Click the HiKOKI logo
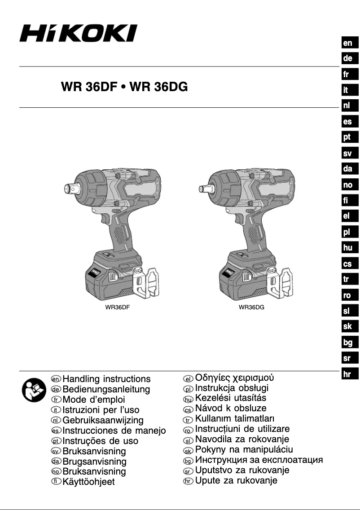point(78,33)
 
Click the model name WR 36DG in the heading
point(158,87)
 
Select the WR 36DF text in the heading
point(89,87)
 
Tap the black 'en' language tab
point(350,43)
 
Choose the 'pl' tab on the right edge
point(350,232)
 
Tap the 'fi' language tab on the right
point(350,200)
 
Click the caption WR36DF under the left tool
point(118,308)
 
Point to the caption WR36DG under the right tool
point(251,308)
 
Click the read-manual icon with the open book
point(34,390)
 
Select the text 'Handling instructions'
point(106,379)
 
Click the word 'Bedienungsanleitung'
point(106,389)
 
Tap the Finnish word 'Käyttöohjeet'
point(88,482)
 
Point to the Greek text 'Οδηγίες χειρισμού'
point(234,378)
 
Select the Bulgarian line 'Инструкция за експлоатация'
point(259,460)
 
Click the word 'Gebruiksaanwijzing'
point(103,420)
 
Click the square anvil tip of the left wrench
point(69,188)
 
